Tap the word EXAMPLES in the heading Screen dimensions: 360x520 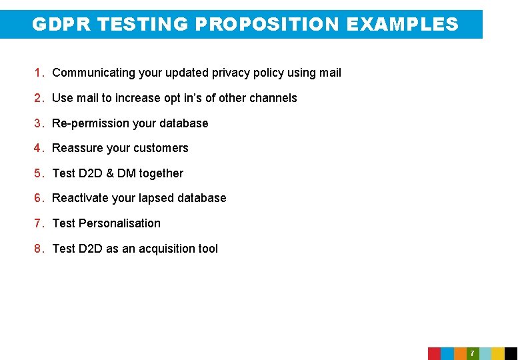[x=403, y=25]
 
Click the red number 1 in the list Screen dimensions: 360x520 [x=39, y=73]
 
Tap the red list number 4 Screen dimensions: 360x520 [x=39, y=148]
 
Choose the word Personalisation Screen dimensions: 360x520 [x=120, y=223]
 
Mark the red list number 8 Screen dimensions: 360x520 [x=39, y=249]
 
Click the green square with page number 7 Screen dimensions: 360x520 [x=472, y=353]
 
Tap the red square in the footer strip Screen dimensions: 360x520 [x=434, y=353]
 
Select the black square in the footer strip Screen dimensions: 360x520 [x=511, y=353]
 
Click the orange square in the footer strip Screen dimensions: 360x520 [x=460, y=353]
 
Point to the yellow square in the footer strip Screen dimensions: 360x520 [x=498, y=353]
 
